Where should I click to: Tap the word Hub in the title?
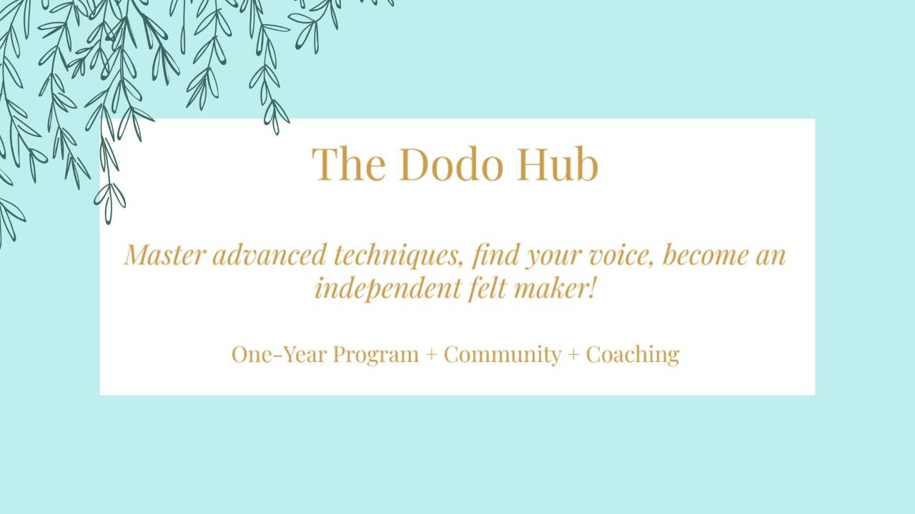(x=558, y=164)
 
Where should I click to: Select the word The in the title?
(x=348, y=164)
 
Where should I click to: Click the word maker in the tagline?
(x=550, y=288)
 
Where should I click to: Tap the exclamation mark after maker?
(x=591, y=288)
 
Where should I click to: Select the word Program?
(x=375, y=355)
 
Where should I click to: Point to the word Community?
(x=502, y=355)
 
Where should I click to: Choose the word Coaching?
(x=632, y=355)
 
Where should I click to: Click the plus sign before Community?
(x=431, y=355)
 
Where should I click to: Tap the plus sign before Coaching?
(x=573, y=355)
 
